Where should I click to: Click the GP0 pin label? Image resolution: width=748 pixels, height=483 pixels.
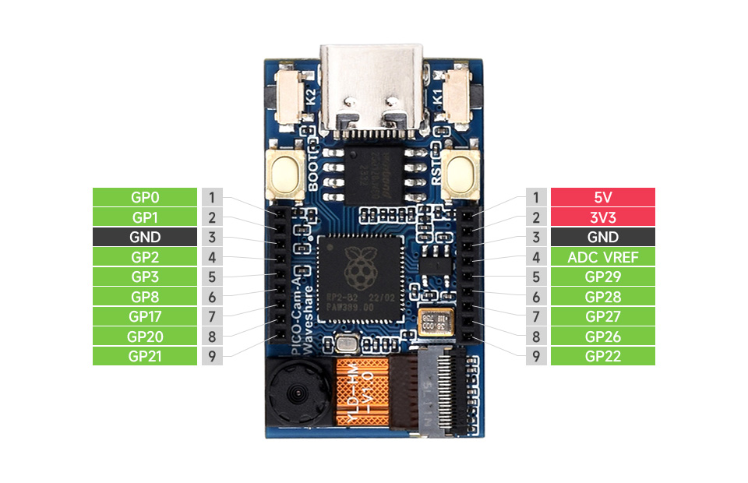[145, 197]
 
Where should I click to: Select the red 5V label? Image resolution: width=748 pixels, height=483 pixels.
[602, 197]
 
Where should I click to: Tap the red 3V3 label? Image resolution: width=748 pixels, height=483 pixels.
[602, 217]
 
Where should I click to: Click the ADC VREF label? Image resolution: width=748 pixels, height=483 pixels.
[602, 257]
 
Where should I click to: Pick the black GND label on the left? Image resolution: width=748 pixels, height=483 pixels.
[145, 237]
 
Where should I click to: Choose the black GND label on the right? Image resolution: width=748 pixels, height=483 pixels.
[602, 237]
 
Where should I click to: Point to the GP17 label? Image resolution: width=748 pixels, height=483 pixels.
[145, 316]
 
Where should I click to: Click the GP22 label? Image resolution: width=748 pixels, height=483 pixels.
[602, 356]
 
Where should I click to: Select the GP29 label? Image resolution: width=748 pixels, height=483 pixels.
[602, 277]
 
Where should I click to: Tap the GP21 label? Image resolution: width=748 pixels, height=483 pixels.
[145, 356]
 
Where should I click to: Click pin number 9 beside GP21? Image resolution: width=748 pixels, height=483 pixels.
[212, 356]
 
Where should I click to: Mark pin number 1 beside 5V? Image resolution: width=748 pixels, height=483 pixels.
[536, 197]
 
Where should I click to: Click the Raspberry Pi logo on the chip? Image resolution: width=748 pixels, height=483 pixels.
[358, 266]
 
